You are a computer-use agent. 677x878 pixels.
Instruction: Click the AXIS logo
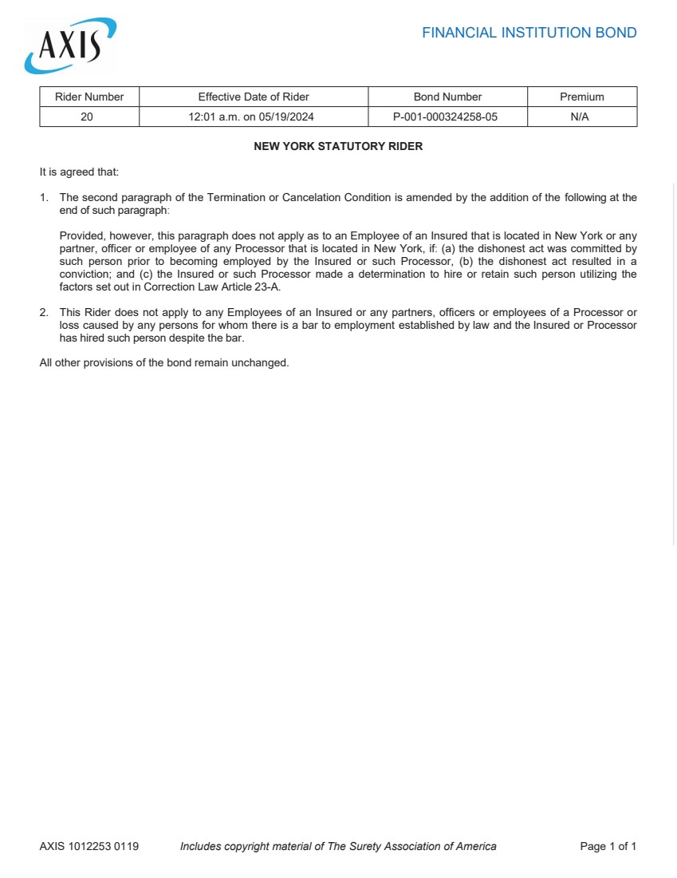coord(70,45)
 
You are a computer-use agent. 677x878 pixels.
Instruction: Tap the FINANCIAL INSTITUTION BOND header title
coord(529,33)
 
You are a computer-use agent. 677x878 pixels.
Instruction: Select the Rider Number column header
coord(89,97)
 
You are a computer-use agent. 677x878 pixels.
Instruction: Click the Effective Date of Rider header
coord(254,97)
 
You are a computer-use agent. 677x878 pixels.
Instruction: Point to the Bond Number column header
coord(447,97)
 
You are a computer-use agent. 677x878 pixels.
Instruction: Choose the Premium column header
coord(581,97)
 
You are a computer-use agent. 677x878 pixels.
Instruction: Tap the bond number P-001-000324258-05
coord(447,117)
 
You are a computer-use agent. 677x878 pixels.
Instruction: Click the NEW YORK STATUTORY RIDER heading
coord(338,147)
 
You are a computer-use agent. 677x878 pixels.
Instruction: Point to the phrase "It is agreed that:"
coord(79,172)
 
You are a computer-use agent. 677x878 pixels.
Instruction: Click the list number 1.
coord(44,197)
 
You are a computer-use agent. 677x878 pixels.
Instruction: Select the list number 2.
coord(44,312)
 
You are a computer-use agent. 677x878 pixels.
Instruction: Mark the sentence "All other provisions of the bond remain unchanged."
coord(164,362)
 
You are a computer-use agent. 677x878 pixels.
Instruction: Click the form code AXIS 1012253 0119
coord(89,846)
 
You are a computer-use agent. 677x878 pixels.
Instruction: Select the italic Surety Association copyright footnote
coord(338,846)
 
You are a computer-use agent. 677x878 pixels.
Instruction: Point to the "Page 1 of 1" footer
coord(608,846)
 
